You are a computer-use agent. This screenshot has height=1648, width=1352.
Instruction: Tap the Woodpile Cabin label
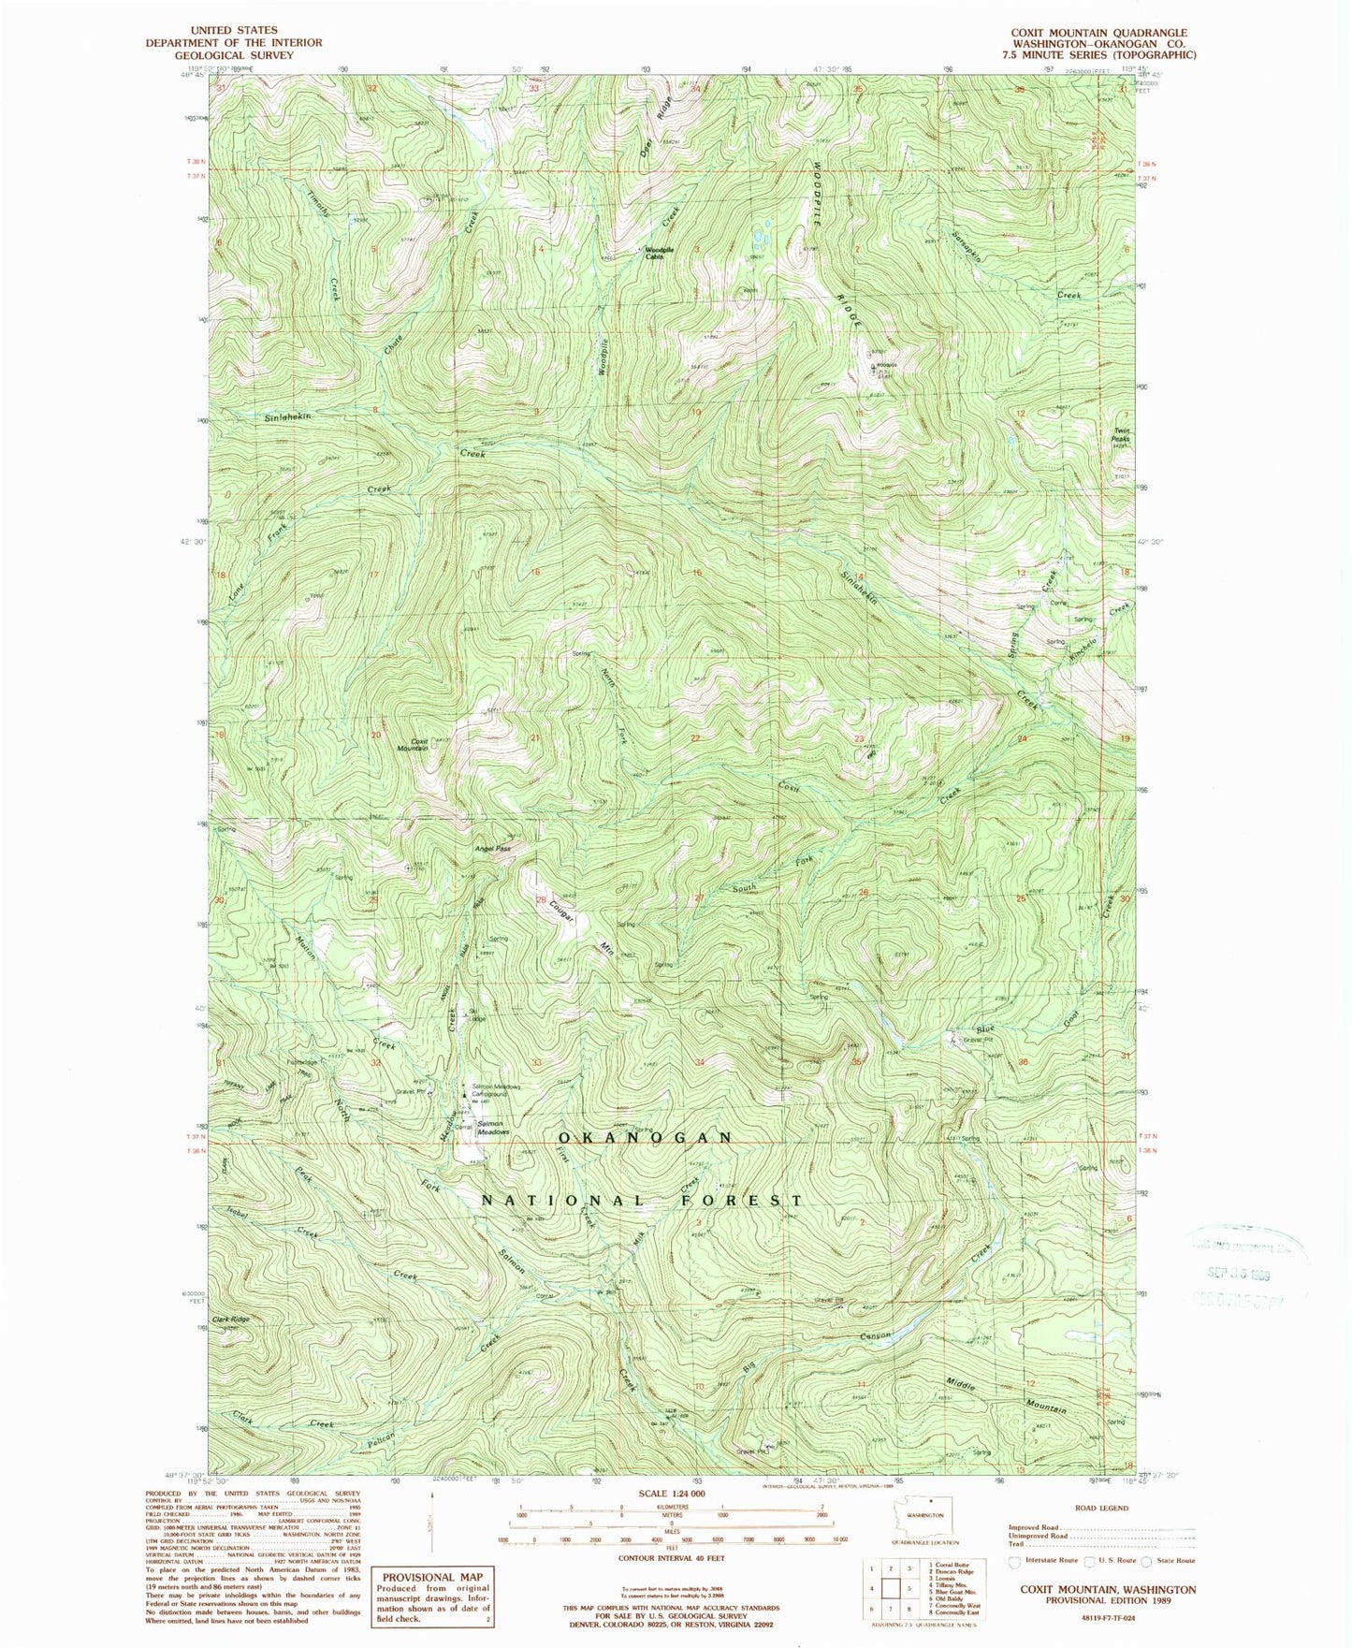(654, 253)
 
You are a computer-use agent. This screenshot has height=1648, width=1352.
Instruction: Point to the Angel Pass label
(492, 849)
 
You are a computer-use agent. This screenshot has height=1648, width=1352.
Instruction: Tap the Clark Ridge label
(231, 1320)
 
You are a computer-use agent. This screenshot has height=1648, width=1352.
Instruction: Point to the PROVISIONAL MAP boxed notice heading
(431, 1577)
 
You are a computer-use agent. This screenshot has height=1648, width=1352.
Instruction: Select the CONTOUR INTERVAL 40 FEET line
(671, 1558)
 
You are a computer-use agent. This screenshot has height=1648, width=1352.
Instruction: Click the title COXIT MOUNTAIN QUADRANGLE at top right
(1098, 33)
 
